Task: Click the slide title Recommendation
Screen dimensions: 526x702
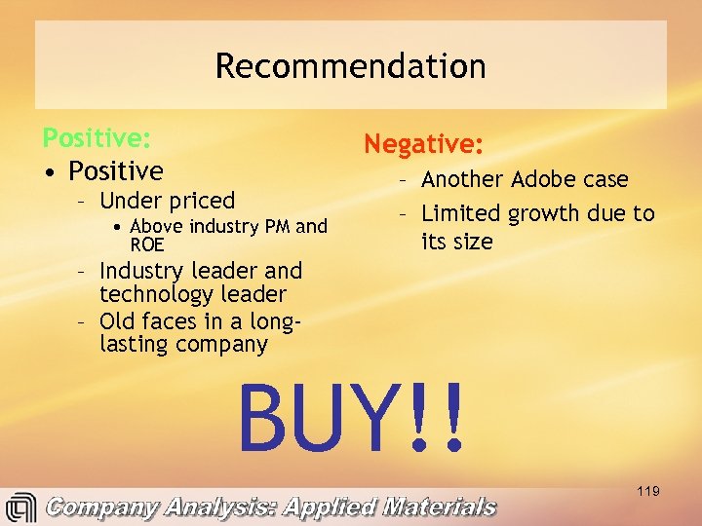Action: coord(350,66)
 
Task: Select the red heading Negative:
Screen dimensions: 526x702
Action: coord(423,144)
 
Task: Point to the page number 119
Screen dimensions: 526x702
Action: coord(647,491)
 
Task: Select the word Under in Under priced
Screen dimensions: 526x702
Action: coord(132,201)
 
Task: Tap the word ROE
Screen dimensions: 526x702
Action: coord(147,244)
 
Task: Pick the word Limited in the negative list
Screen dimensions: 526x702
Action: coord(457,213)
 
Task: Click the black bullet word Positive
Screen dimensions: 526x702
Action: coord(116,171)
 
